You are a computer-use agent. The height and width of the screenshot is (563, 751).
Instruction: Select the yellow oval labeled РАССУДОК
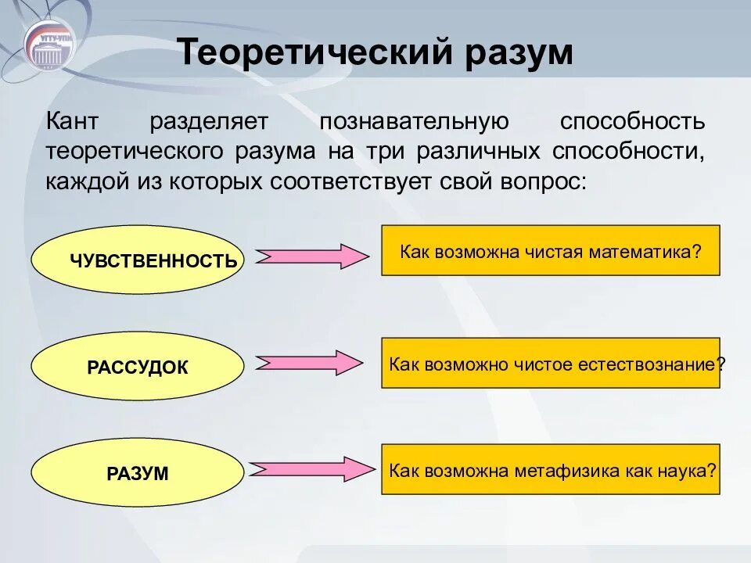click(x=138, y=367)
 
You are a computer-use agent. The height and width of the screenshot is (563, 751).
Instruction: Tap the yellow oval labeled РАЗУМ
click(x=138, y=473)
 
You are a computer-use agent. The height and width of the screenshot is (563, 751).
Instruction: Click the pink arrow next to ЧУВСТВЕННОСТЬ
click(x=312, y=256)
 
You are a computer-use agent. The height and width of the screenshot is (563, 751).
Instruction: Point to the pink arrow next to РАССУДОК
click(x=312, y=362)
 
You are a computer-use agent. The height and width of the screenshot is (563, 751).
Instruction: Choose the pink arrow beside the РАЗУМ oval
click(x=312, y=468)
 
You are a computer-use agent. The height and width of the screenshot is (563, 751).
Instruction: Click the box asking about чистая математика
click(x=550, y=250)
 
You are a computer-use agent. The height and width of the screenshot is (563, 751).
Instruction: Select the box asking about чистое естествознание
click(x=550, y=363)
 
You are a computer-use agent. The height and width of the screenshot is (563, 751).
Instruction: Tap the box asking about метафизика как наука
click(x=550, y=469)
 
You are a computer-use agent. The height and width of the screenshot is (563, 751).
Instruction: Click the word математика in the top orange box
click(x=652, y=252)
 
